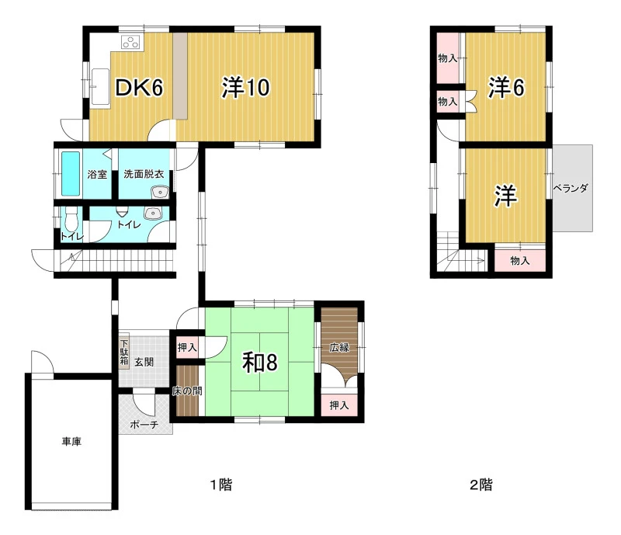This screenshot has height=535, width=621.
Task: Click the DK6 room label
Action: tap(139, 87)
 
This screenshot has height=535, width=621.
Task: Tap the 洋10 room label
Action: tap(245, 87)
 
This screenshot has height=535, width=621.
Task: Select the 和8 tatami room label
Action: tap(260, 362)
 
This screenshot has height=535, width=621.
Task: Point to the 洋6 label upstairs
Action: tap(506, 88)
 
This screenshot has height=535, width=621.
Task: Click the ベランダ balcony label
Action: tap(571, 188)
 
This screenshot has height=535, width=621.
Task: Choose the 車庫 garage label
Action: tap(71, 441)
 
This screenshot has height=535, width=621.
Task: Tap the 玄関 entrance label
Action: tap(144, 362)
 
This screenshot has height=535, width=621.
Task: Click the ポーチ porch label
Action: tap(144, 425)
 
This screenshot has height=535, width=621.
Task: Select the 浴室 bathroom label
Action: tap(97, 174)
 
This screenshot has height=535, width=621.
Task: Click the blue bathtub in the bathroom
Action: tap(71, 174)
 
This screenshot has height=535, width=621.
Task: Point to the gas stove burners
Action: tap(131, 42)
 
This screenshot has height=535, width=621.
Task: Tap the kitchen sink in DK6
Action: tap(101, 87)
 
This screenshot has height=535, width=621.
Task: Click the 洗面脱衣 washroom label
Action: tap(144, 174)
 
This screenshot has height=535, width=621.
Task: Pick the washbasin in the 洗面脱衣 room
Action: tap(160, 193)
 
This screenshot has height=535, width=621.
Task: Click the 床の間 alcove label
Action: tap(187, 391)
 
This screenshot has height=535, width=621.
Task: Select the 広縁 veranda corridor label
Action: tap(340, 348)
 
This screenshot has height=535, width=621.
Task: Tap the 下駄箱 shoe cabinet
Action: tap(124, 352)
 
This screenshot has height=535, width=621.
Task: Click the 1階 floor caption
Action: tap(220, 485)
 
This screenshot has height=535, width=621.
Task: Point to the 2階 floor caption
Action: tap(481, 485)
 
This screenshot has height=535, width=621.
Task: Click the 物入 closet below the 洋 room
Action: tap(520, 260)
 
